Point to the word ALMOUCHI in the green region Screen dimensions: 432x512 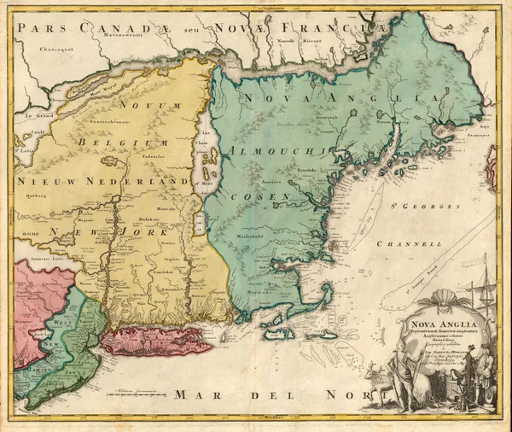tap(275, 150)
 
